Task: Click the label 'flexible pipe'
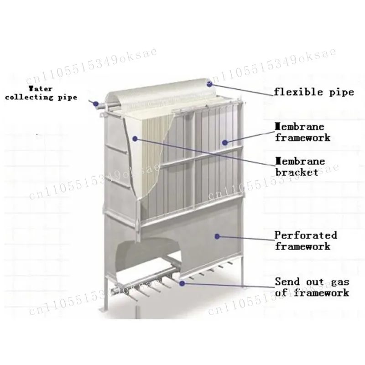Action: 313,92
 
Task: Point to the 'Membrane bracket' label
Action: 299,167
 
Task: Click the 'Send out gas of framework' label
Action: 312,287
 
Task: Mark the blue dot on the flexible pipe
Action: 210,83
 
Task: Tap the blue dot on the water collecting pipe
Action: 96,104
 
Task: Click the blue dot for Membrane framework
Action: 224,142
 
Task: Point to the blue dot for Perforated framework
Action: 218,236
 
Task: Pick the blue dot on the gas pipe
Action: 183,283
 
